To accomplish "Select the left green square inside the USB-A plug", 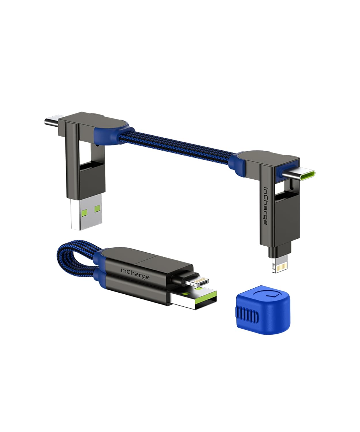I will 76,213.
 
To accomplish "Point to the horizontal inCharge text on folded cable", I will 135,273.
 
